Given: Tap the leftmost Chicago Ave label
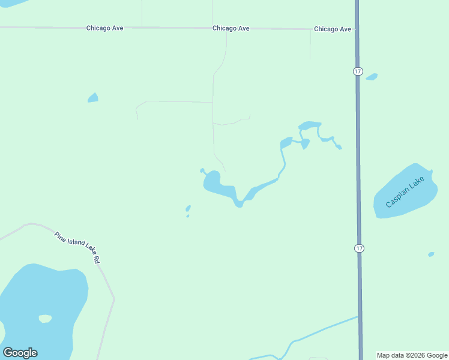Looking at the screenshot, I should [104, 28].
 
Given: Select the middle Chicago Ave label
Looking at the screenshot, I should [231, 28].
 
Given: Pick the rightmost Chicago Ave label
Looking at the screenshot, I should [332, 29].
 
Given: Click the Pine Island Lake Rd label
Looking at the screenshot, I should [76, 247].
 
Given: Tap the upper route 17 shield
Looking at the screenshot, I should [358, 71].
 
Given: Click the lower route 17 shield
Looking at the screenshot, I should [359, 248].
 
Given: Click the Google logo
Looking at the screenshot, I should [20, 353].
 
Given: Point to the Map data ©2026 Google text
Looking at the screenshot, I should [412, 355].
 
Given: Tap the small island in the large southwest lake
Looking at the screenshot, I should [45, 319].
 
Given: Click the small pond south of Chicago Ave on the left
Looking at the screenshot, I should [92, 98].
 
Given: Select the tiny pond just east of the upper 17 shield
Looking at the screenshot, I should [372, 77].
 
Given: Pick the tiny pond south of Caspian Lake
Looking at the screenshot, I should [431, 254].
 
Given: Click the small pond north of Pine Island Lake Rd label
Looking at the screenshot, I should [188, 209].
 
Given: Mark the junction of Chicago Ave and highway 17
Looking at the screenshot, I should [357, 29].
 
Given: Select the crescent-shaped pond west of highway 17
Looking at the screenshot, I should [310, 125].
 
